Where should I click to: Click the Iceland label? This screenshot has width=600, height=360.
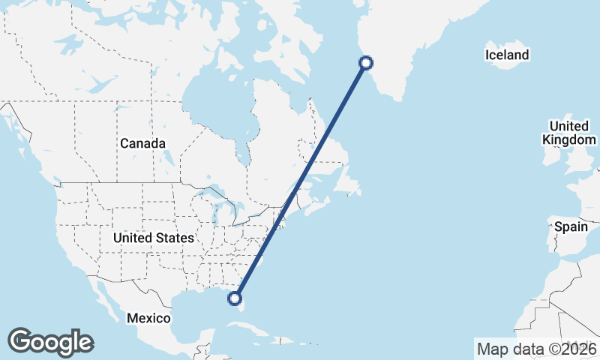507,55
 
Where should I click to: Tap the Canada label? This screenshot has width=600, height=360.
142,143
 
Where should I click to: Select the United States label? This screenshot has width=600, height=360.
154,238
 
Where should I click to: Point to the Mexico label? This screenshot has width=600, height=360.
148,318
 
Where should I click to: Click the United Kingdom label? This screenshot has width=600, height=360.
572,133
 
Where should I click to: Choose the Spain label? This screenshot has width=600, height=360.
570,226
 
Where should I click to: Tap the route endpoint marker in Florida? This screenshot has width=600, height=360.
235,298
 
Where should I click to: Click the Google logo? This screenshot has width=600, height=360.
50,342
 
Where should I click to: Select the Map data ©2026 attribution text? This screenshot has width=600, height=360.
536,349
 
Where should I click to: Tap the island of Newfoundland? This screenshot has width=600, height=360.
349,181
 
